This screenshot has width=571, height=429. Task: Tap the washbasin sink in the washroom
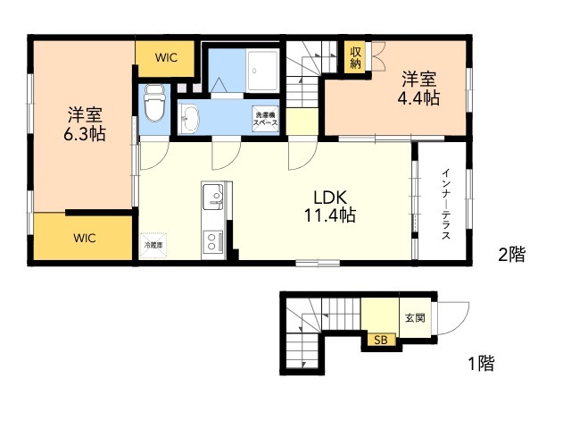(189, 118)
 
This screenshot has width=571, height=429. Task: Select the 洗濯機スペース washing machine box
(266, 118)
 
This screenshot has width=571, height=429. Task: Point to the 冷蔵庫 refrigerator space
(153, 246)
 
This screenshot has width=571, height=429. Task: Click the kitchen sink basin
(212, 197)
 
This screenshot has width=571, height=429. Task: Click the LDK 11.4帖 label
(330, 206)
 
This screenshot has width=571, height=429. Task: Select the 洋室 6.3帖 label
(85, 124)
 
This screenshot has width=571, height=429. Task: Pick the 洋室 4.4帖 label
(418, 89)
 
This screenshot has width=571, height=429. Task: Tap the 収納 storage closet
(355, 57)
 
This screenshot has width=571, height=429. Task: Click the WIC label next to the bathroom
(166, 57)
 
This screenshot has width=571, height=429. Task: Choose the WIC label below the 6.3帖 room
(85, 239)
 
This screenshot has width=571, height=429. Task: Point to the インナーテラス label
(446, 204)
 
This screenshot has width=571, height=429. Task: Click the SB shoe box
(381, 340)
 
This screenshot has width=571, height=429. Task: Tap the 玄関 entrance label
(415, 318)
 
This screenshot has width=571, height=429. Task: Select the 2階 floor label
(512, 254)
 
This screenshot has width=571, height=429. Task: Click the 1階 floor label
(481, 364)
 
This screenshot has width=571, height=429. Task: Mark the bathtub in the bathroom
(262, 71)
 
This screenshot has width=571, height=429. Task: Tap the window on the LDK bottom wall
(318, 263)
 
